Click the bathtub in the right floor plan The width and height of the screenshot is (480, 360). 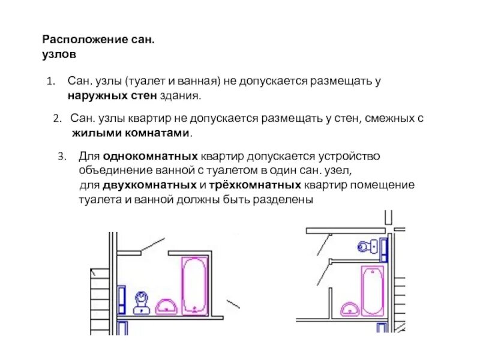coord(372,290)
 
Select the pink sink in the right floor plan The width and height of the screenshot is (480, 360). coord(350,308)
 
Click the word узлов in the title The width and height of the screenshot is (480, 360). coord(59,55)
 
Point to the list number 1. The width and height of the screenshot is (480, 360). coord(50,81)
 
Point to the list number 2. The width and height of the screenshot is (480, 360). coord(57,119)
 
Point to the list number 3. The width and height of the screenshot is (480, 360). coord(61,157)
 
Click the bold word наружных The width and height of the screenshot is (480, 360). coord(93,95)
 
